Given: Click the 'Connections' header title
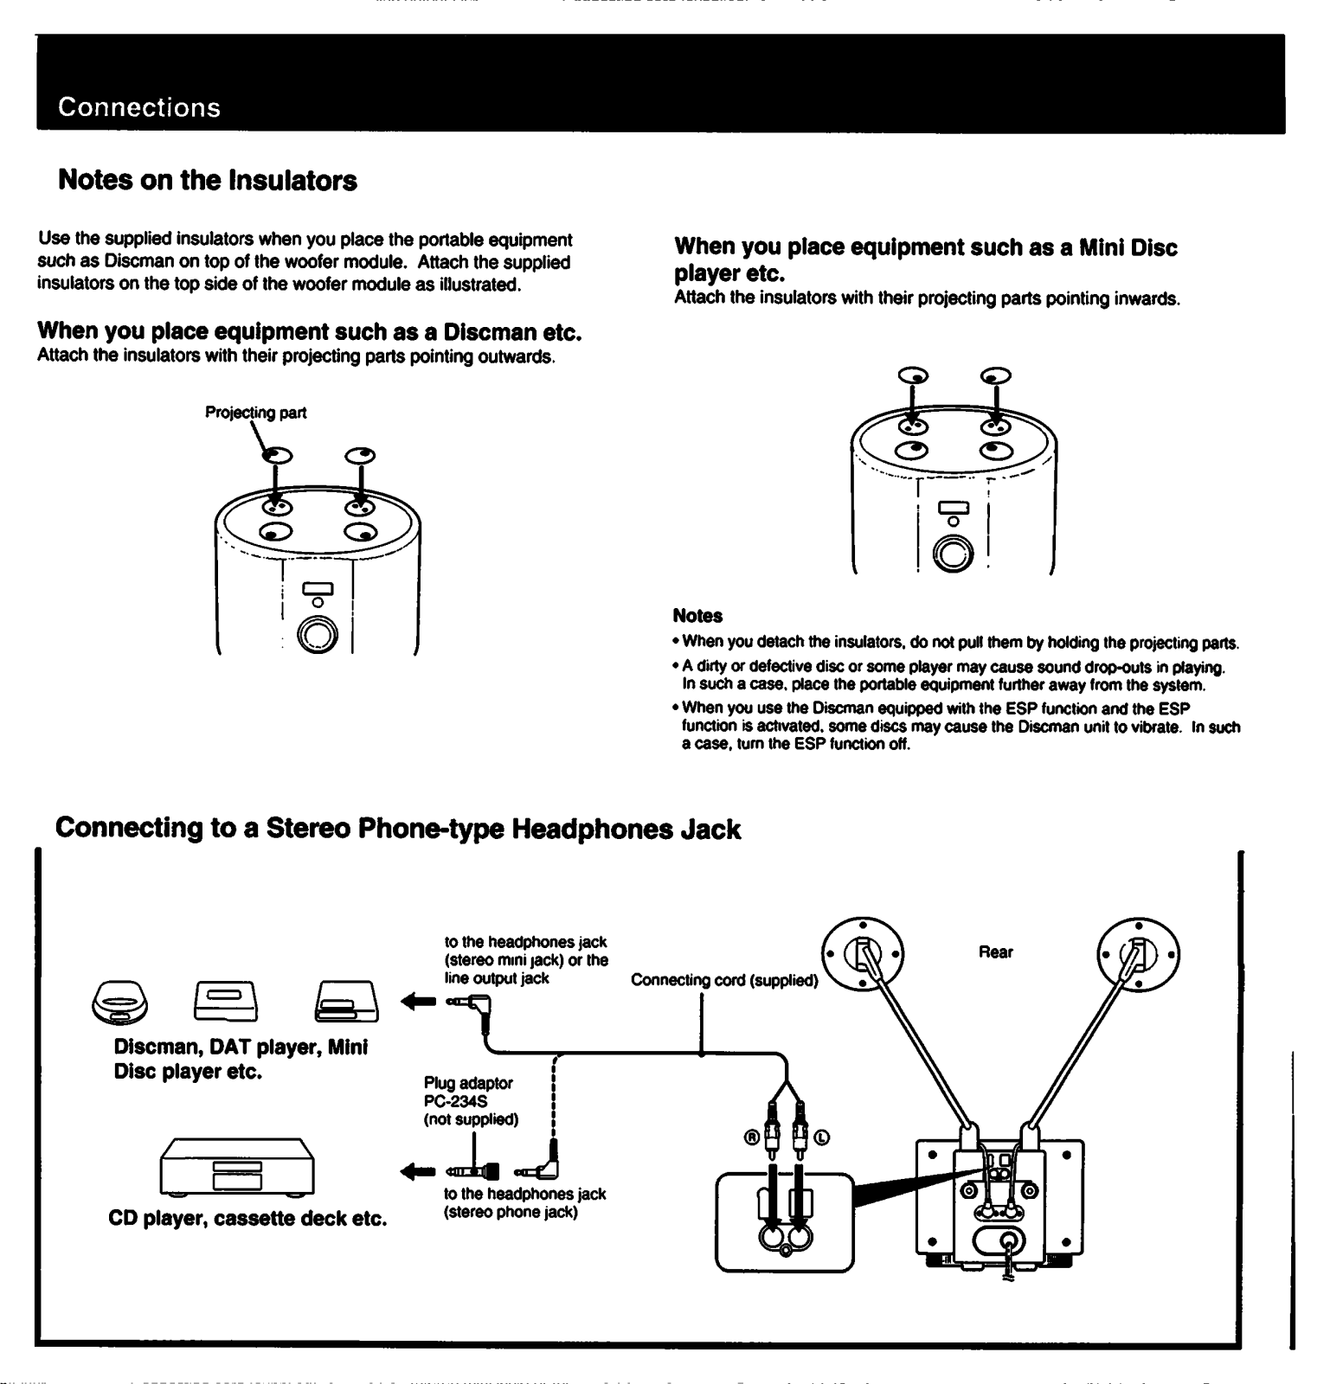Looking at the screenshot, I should [139, 108].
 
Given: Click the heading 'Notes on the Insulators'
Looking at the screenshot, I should [208, 181].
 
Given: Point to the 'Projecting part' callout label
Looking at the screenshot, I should [255, 413].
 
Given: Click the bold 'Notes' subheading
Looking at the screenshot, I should [697, 616].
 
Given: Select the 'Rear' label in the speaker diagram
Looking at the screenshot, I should [995, 952].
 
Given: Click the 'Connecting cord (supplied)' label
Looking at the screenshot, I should [724, 980].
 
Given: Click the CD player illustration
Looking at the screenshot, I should [237, 1167].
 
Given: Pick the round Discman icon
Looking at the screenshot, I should [119, 1002].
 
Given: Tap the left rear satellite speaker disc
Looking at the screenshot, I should [863, 955].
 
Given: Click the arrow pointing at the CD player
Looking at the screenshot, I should [418, 1172].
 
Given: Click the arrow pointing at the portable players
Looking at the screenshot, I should [418, 1002].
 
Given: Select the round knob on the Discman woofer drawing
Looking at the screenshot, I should [318, 636].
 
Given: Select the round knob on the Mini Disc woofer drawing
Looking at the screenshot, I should [953, 554].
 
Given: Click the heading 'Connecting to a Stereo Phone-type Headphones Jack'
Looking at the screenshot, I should [398, 829].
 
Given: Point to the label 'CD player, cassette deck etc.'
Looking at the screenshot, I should [247, 1219].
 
